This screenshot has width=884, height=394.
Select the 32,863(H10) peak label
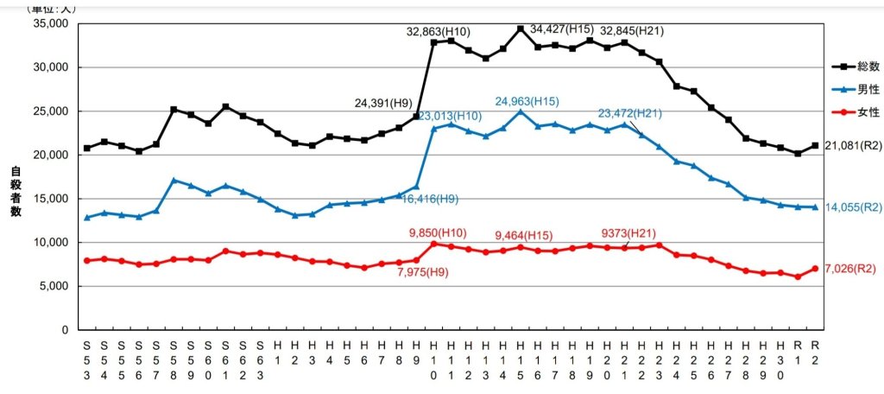(x=439, y=31)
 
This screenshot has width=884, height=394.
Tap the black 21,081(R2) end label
(x=852, y=145)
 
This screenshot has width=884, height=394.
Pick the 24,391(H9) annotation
(x=384, y=103)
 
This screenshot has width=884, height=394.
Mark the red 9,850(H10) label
(x=439, y=232)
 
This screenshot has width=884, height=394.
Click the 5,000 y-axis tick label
(x=53, y=286)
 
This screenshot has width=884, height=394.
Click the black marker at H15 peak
(x=520, y=29)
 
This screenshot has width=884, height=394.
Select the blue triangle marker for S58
(x=174, y=180)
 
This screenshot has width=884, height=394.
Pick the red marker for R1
(x=798, y=276)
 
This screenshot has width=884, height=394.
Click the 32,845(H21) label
(x=631, y=31)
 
